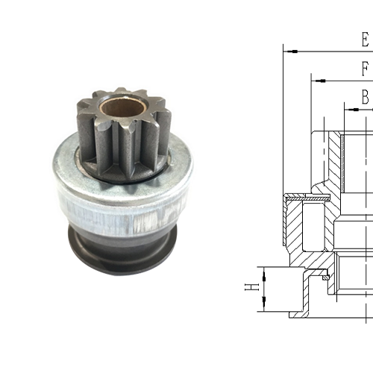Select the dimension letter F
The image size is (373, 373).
click(x=365, y=69)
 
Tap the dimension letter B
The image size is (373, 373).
click(x=366, y=96)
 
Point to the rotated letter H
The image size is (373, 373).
click(x=254, y=287)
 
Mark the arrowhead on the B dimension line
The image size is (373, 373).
click(x=351, y=107)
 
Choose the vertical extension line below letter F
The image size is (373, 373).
click(x=312, y=104)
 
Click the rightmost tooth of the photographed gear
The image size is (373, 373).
click(x=165, y=145)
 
